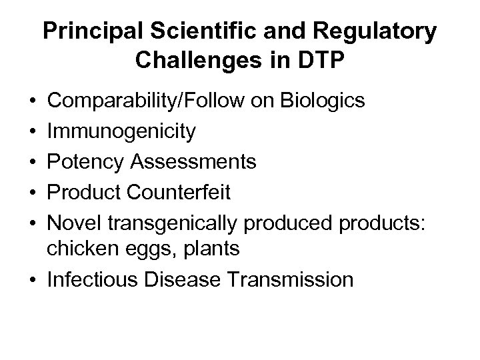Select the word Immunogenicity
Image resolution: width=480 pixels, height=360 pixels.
[x=122, y=132]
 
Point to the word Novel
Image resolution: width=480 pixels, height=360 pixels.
[x=69, y=223]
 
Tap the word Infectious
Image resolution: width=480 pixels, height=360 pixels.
[x=94, y=279]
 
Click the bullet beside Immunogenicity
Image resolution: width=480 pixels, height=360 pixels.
[x=33, y=132]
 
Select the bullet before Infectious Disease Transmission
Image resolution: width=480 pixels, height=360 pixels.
[x=33, y=279]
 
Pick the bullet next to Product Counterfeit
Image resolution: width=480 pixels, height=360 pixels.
[x=33, y=193]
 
